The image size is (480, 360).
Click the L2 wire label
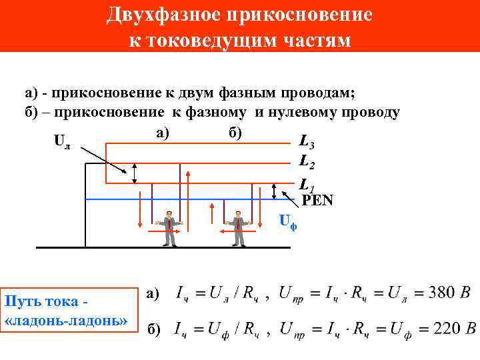(307, 161)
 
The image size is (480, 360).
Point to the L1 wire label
(305, 184)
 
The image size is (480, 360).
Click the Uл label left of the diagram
(61, 142)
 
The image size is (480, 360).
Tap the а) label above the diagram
(163, 133)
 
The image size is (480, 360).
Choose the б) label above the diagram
(234, 133)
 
